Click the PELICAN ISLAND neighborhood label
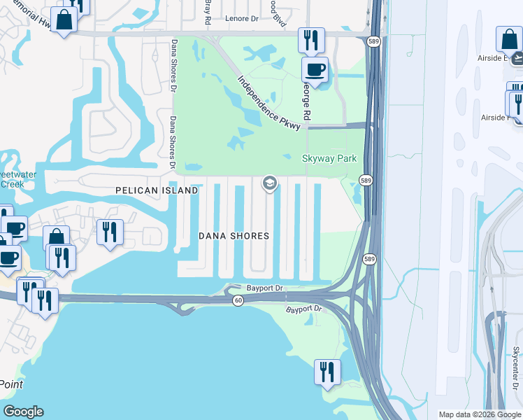pos(157,190)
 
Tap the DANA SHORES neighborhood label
pos(234,236)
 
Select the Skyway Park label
pos(329,158)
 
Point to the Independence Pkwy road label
pos(268,102)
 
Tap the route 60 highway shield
pos(238,300)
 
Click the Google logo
pos(23,412)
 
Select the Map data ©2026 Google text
pos(479,414)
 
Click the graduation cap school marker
pos(268,184)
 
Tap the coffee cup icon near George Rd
pos(315,71)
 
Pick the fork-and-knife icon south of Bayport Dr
pos(327,372)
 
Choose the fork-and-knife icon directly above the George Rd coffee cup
pos(310,40)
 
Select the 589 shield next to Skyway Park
pos(366,180)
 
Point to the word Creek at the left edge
pos(11,184)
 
